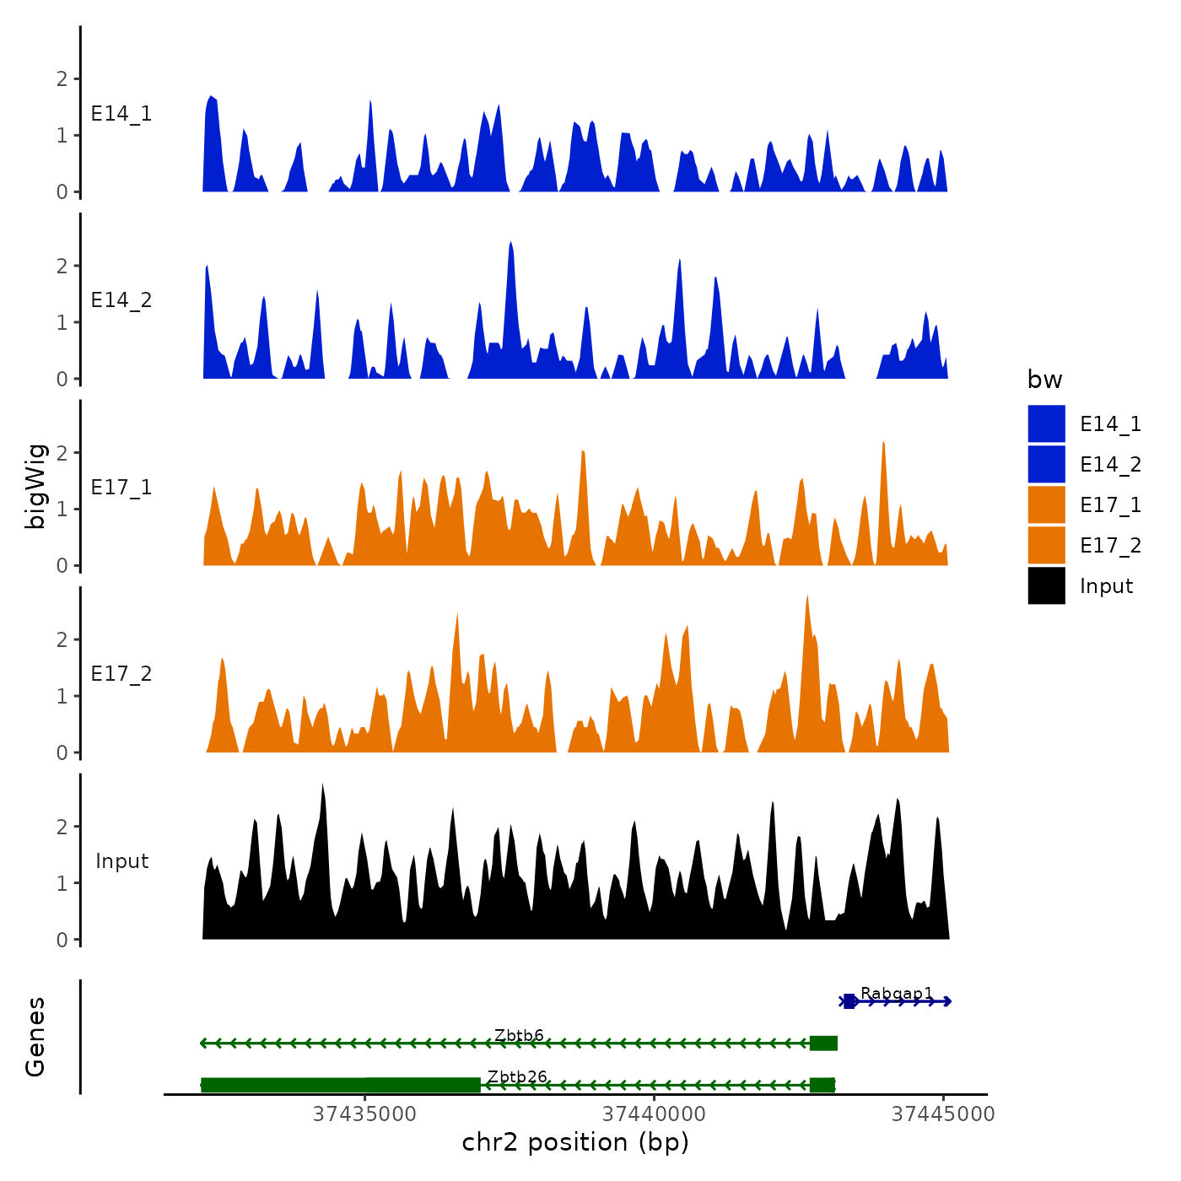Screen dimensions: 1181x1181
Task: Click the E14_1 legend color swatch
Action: [1046, 423]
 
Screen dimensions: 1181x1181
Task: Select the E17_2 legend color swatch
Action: [1046, 545]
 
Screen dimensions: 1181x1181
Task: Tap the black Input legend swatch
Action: [1046, 585]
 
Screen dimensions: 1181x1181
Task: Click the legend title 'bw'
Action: [1044, 380]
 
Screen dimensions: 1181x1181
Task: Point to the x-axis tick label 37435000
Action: [364, 1114]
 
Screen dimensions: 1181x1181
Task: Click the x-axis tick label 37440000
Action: [654, 1114]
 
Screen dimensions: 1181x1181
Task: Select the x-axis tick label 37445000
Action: [943, 1114]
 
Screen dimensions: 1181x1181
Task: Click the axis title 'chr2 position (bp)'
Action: [575, 1142]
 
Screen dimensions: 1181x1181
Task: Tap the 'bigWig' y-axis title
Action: [35, 486]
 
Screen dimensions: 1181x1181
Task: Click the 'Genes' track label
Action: [35, 1037]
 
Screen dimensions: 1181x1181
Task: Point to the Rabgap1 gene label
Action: [897, 993]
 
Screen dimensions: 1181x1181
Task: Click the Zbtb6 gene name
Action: [519, 1035]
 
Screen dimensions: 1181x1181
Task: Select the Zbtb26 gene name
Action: [517, 1076]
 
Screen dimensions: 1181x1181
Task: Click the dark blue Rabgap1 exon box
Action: [849, 1001]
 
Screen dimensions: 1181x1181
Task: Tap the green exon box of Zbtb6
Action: [823, 1043]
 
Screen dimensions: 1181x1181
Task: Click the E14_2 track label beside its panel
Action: [121, 300]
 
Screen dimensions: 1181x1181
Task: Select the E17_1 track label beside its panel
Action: [121, 488]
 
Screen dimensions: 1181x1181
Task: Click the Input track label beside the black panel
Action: [121, 861]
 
